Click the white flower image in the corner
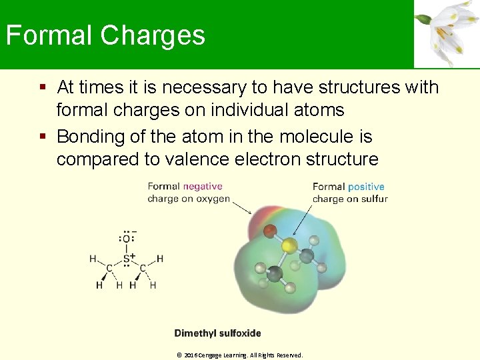(x=447, y=33)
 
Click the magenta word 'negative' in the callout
(x=203, y=187)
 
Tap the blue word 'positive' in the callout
(x=366, y=187)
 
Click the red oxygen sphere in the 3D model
(x=269, y=232)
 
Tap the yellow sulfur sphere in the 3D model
(x=289, y=246)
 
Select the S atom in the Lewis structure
(x=126, y=258)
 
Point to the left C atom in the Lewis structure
(x=109, y=269)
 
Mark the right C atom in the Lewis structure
(x=143, y=269)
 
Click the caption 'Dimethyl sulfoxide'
(x=217, y=333)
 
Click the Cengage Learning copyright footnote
(x=239, y=355)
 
